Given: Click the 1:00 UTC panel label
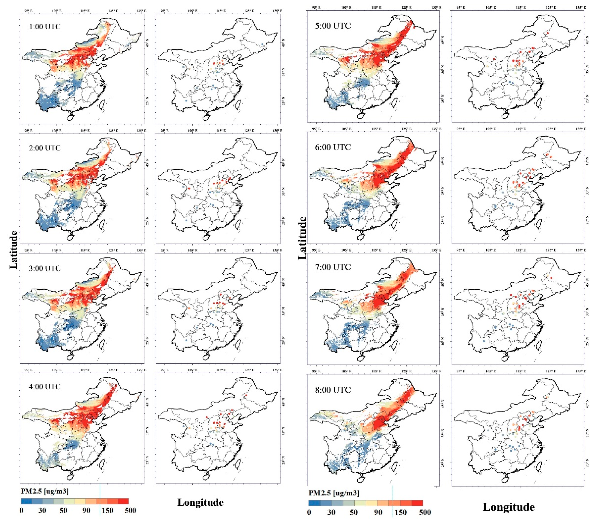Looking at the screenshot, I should point(45,27).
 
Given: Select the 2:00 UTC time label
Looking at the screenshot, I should point(45,148).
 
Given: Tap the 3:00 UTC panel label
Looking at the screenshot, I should point(45,268).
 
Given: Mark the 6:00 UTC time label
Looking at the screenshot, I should point(333,147).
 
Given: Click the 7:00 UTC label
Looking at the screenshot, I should point(333,267).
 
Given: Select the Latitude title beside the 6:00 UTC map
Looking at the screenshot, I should point(302,238).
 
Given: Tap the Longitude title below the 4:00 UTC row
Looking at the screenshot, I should point(200,502).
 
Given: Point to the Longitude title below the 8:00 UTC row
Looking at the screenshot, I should point(509,507).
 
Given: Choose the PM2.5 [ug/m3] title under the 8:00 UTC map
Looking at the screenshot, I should point(334,493).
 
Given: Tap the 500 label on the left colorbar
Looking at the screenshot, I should point(130,510).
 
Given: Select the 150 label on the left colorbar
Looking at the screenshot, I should point(107,510).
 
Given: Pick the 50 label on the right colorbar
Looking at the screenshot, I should point(354,512).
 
